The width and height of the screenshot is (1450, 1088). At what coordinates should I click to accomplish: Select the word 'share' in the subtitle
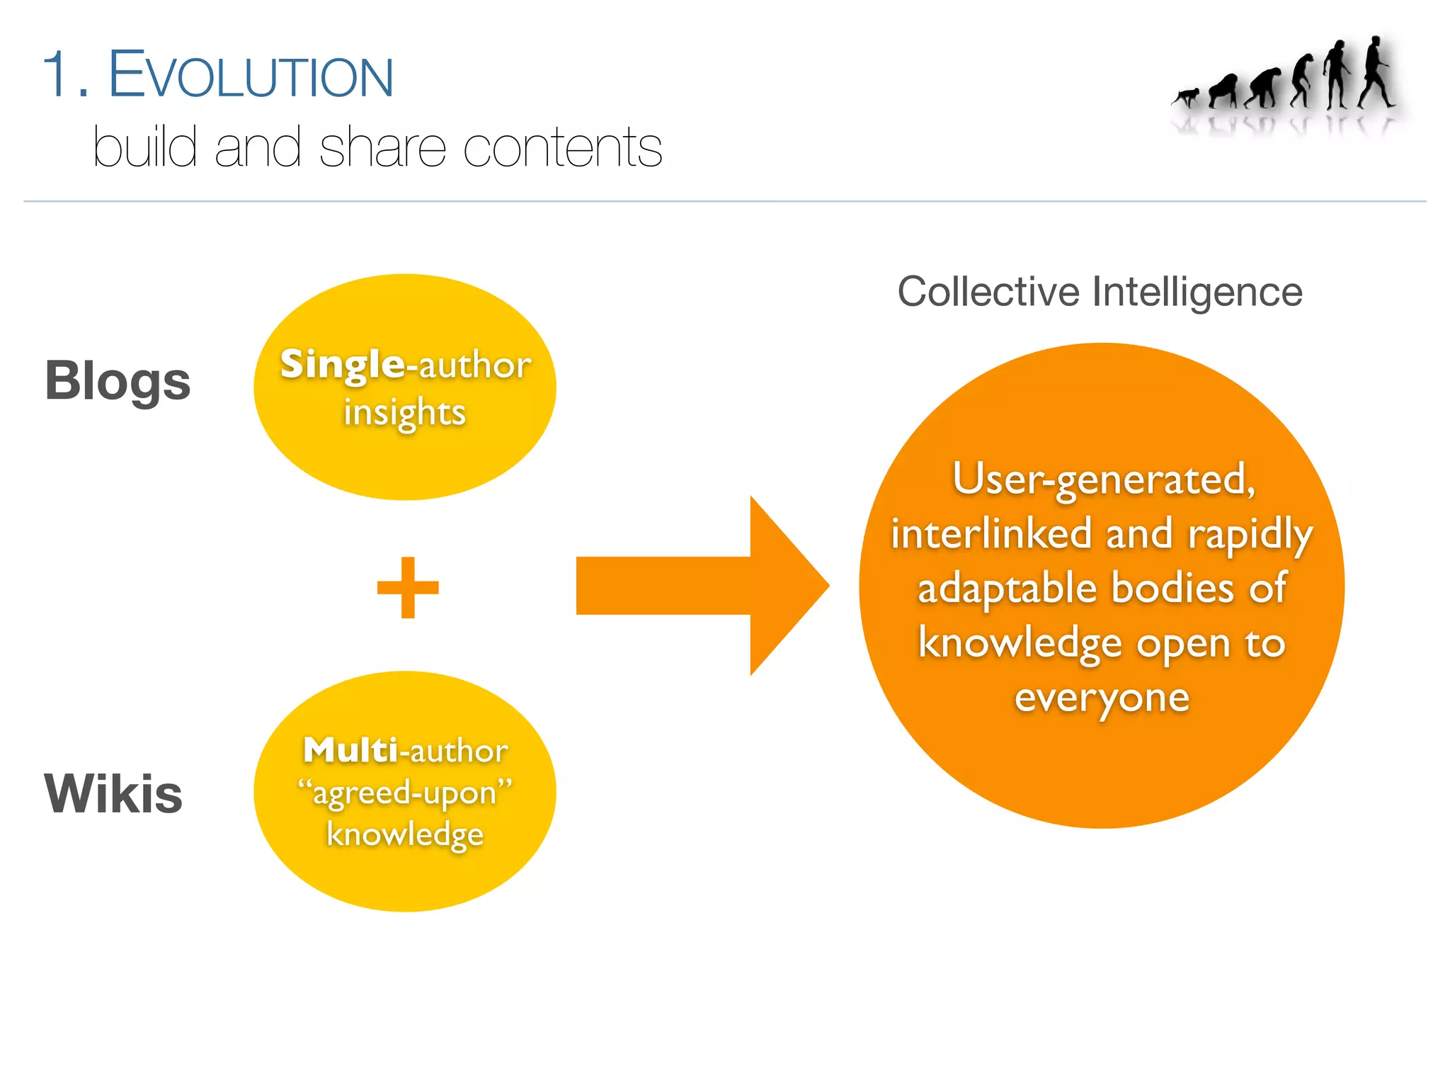(x=382, y=148)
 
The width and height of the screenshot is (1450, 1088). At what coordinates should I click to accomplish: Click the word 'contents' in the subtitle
(x=562, y=148)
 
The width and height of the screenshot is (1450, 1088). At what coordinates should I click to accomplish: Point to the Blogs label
(x=118, y=382)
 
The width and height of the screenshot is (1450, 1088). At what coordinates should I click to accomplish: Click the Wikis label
(x=113, y=794)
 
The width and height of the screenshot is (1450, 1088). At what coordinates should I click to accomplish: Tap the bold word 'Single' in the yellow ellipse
(x=343, y=365)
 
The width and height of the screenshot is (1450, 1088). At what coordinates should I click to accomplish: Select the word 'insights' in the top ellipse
(x=404, y=413)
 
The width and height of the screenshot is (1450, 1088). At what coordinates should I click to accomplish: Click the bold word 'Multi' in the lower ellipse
(x=350, y=751)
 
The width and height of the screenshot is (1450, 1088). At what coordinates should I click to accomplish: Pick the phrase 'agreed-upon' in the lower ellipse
(x=404, y=793)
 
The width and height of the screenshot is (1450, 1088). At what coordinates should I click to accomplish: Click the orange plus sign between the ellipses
(x=408, y=587)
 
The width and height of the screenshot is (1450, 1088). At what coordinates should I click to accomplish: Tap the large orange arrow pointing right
(x=701, y=586)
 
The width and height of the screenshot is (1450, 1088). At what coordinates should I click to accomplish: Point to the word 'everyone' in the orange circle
(x=1102, y=698)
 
